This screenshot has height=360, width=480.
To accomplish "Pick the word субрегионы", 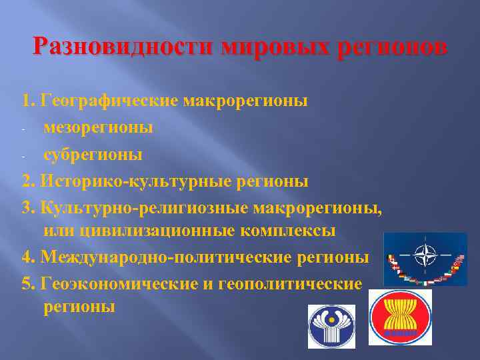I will pyautogui.click(x=93, y=154).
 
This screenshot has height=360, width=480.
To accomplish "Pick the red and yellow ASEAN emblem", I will pyautogui.click(x=400, y=317).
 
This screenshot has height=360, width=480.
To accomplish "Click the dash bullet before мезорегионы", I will pyautogui.click(x=24, y=128).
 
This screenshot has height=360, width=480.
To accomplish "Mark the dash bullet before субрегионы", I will pyautogui.click(x=24, y=155).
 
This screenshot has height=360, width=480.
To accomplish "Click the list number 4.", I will pyautogui.click(x=27, y=257).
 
